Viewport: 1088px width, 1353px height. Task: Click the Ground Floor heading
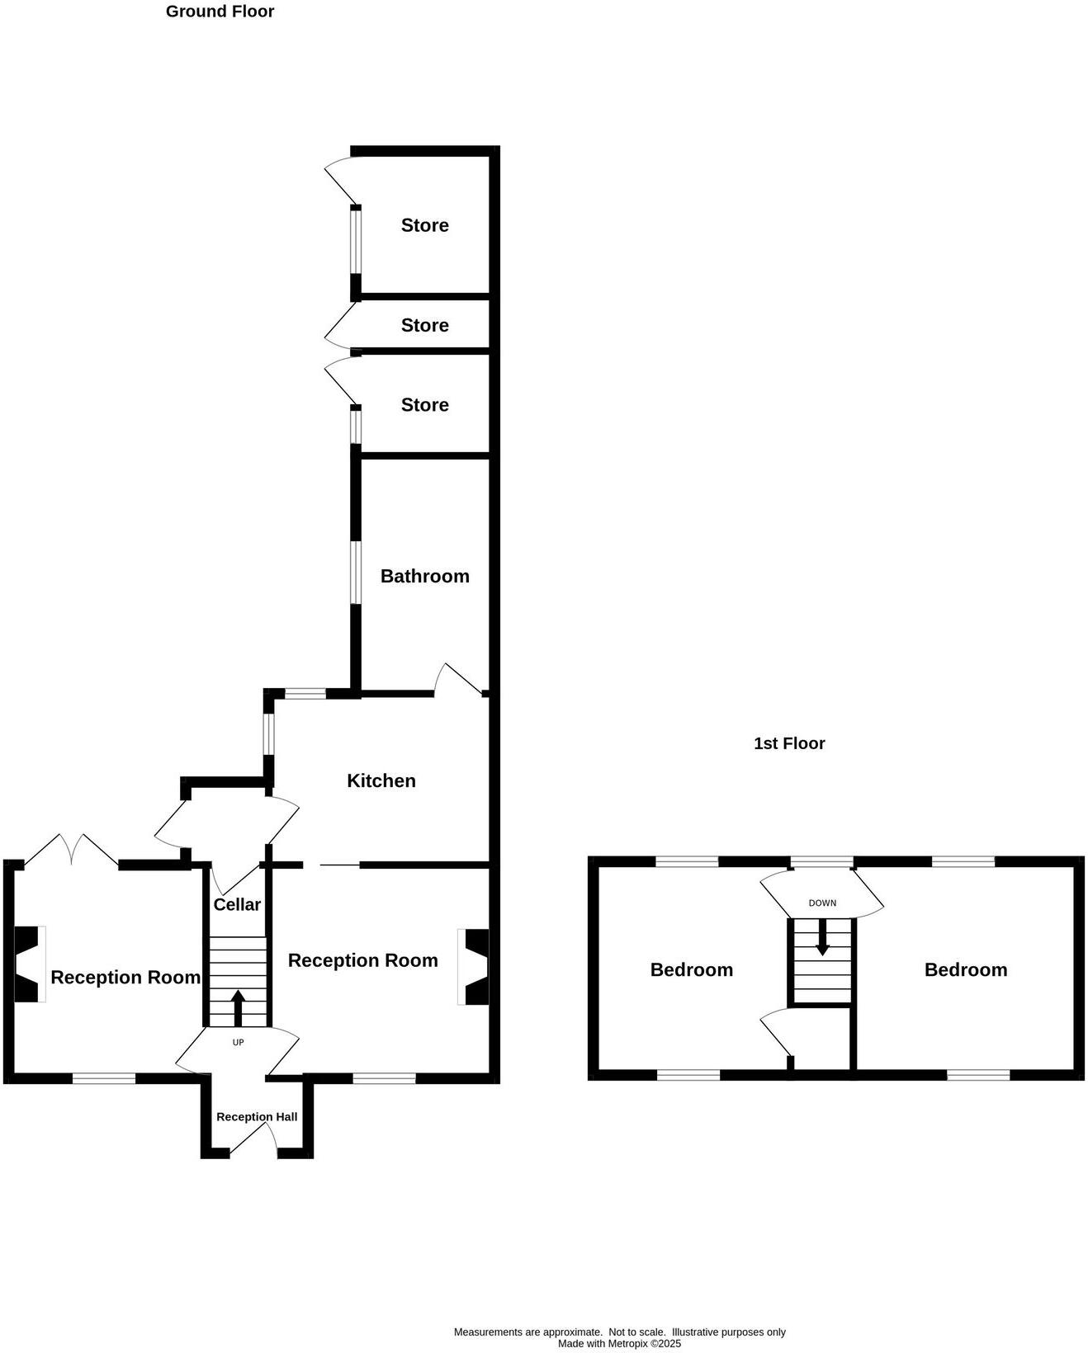(220, 12)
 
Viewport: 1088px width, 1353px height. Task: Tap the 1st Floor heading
(789, 743)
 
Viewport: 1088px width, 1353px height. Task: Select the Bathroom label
(424, 576)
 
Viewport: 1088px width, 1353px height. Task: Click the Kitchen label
(381, 780)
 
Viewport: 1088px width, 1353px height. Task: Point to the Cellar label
(237, 904)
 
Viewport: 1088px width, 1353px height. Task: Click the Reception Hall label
(257, 1116)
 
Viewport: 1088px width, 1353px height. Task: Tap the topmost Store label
(424, 225)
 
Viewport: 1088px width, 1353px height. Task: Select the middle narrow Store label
(424, 325)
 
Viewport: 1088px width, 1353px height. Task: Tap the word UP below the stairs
(238, 1042)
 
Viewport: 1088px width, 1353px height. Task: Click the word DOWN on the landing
(822, 903)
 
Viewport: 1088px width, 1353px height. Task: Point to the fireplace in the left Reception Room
(28, 964)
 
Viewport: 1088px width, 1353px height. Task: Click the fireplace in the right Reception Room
(475, 967)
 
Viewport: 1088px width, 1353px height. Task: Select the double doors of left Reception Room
(72, 851)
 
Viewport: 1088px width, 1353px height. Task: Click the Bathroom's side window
(356, 573)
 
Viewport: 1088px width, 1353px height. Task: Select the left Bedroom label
(691, 969)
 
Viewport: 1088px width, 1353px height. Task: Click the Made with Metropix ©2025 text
(619, 1343)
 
